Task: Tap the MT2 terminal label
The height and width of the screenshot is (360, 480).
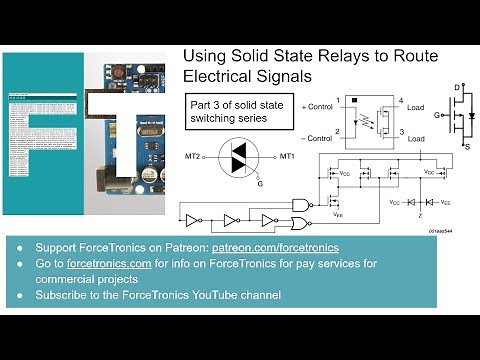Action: tap(192, 156)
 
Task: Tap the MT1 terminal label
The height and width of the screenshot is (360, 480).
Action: tap(287, 156)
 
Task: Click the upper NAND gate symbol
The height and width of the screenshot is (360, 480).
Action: tap(298, 204)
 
